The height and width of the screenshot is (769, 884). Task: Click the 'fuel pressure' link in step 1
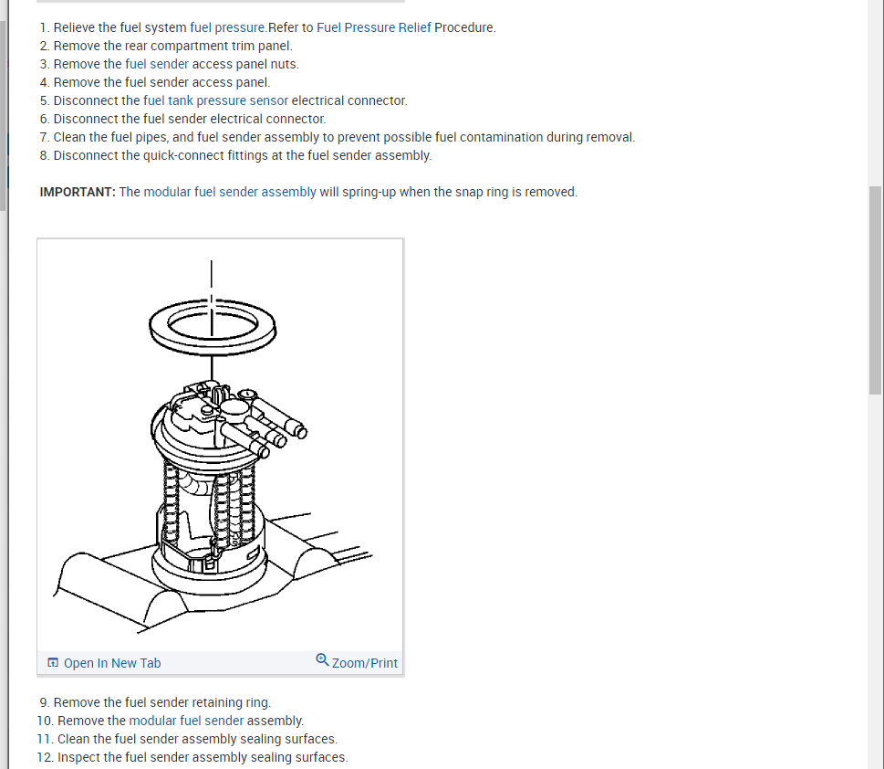228,27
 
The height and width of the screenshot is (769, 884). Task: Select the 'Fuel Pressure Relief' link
373,27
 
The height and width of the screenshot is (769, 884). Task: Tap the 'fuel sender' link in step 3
157,64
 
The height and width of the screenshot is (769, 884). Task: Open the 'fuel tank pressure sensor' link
215,100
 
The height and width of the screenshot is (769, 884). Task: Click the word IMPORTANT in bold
78,192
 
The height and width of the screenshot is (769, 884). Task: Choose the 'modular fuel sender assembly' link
230,192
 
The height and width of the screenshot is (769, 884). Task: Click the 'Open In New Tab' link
111,663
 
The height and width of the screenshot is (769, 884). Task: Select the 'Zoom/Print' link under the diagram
364,663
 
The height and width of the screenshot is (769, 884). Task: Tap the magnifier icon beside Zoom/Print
322,660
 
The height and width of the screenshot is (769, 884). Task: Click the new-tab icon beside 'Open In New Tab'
53,663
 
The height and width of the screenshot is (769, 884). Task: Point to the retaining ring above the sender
212,327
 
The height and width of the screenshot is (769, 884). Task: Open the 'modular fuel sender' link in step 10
186,721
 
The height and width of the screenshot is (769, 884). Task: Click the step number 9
44,702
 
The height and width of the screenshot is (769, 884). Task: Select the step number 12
44,757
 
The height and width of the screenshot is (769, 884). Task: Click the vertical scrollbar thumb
876,290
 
